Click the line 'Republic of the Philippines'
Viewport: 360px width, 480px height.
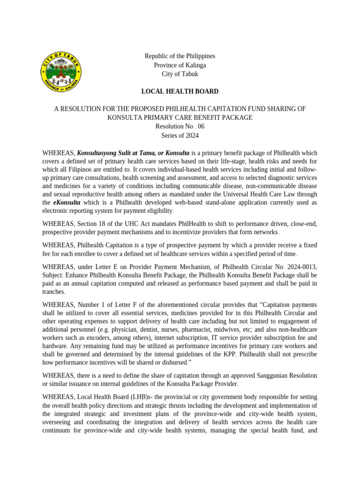(180, 56)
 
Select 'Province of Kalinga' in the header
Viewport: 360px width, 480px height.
(180, 65)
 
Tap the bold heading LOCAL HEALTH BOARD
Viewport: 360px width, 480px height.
(180, 91)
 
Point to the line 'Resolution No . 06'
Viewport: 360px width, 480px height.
(180, 127)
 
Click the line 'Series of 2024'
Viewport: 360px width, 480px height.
(180, 135)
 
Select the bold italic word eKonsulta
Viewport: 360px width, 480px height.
(66, 202)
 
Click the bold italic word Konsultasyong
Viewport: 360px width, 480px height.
(98, 153)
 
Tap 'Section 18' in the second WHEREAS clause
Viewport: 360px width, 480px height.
(93, 223)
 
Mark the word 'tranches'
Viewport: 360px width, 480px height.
(52, 292)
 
